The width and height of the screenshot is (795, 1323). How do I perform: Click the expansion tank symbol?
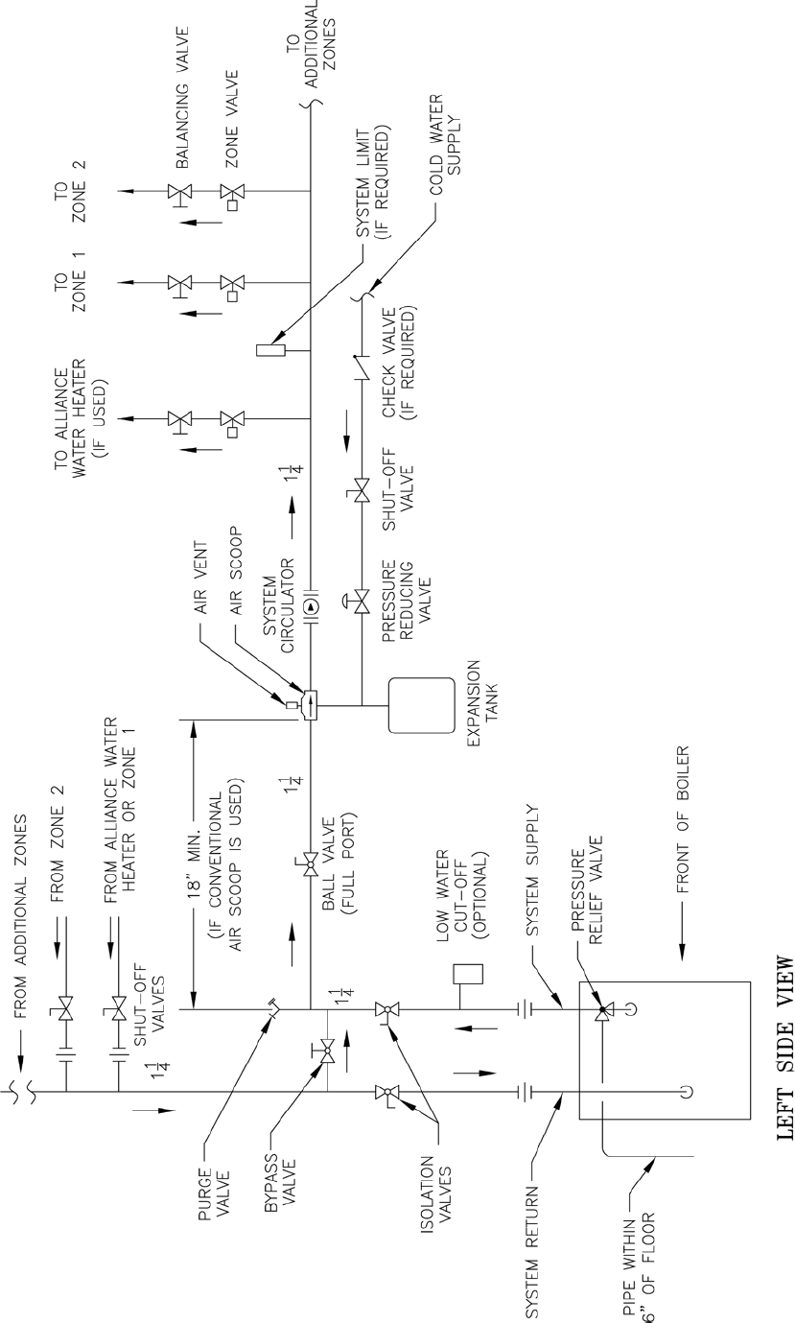pyautogui.click(x=420, y=706)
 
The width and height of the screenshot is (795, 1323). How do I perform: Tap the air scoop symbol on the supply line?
pyautogui.click(x=310, y=707)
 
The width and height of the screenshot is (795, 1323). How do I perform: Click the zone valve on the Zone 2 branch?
pyautogui.click(x=232, y=191)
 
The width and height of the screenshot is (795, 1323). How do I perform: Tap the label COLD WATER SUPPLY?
pyautogui.click(x=445, y=154)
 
